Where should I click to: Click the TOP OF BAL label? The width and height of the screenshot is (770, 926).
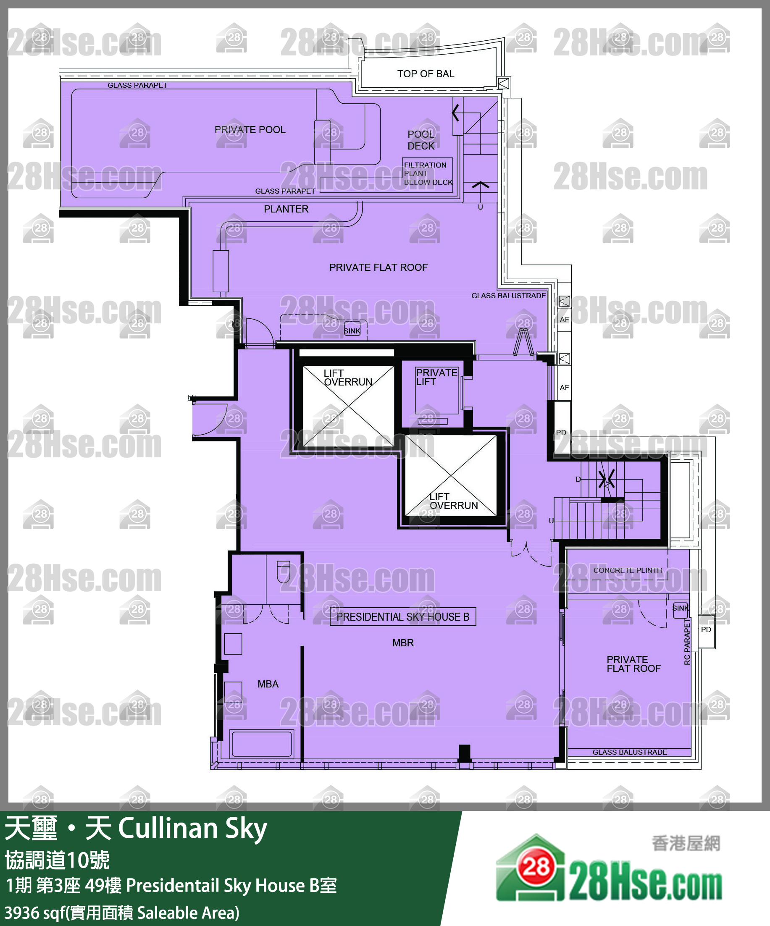(x=425, y=74)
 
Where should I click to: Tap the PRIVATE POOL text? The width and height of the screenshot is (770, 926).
(x=250, y=130)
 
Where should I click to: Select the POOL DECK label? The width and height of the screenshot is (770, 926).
(x=421, y=140)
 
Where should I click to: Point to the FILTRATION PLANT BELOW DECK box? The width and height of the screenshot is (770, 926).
(x=427, y=173)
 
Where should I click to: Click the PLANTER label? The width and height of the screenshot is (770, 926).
(x=286, y=209)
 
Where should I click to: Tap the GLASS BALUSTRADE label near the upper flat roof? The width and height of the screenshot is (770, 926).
(x=508, y=296)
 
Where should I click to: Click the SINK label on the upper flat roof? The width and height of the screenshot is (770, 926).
(x=352, y=331)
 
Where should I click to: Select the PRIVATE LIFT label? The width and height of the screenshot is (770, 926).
(x=436, y=377)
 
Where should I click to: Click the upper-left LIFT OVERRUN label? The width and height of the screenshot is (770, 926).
(x=347, y=378)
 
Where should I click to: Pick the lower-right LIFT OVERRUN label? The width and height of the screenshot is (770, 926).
(x=453, y=501)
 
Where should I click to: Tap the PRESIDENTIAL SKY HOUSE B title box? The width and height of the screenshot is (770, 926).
(x=402, y=617)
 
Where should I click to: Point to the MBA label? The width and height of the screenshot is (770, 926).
(x=268, y=684)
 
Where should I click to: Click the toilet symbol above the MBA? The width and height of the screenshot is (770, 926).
(x=283, y=572)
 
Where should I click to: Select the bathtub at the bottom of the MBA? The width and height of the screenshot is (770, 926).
(x=262, y=744)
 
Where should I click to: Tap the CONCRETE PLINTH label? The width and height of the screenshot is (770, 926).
(x=627, y=570)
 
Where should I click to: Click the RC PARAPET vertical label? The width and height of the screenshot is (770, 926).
(x=687, y=642)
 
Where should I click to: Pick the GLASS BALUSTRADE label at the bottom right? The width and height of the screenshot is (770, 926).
(x=629, y=752)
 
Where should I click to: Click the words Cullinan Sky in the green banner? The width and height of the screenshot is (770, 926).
(x=192, y=828)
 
